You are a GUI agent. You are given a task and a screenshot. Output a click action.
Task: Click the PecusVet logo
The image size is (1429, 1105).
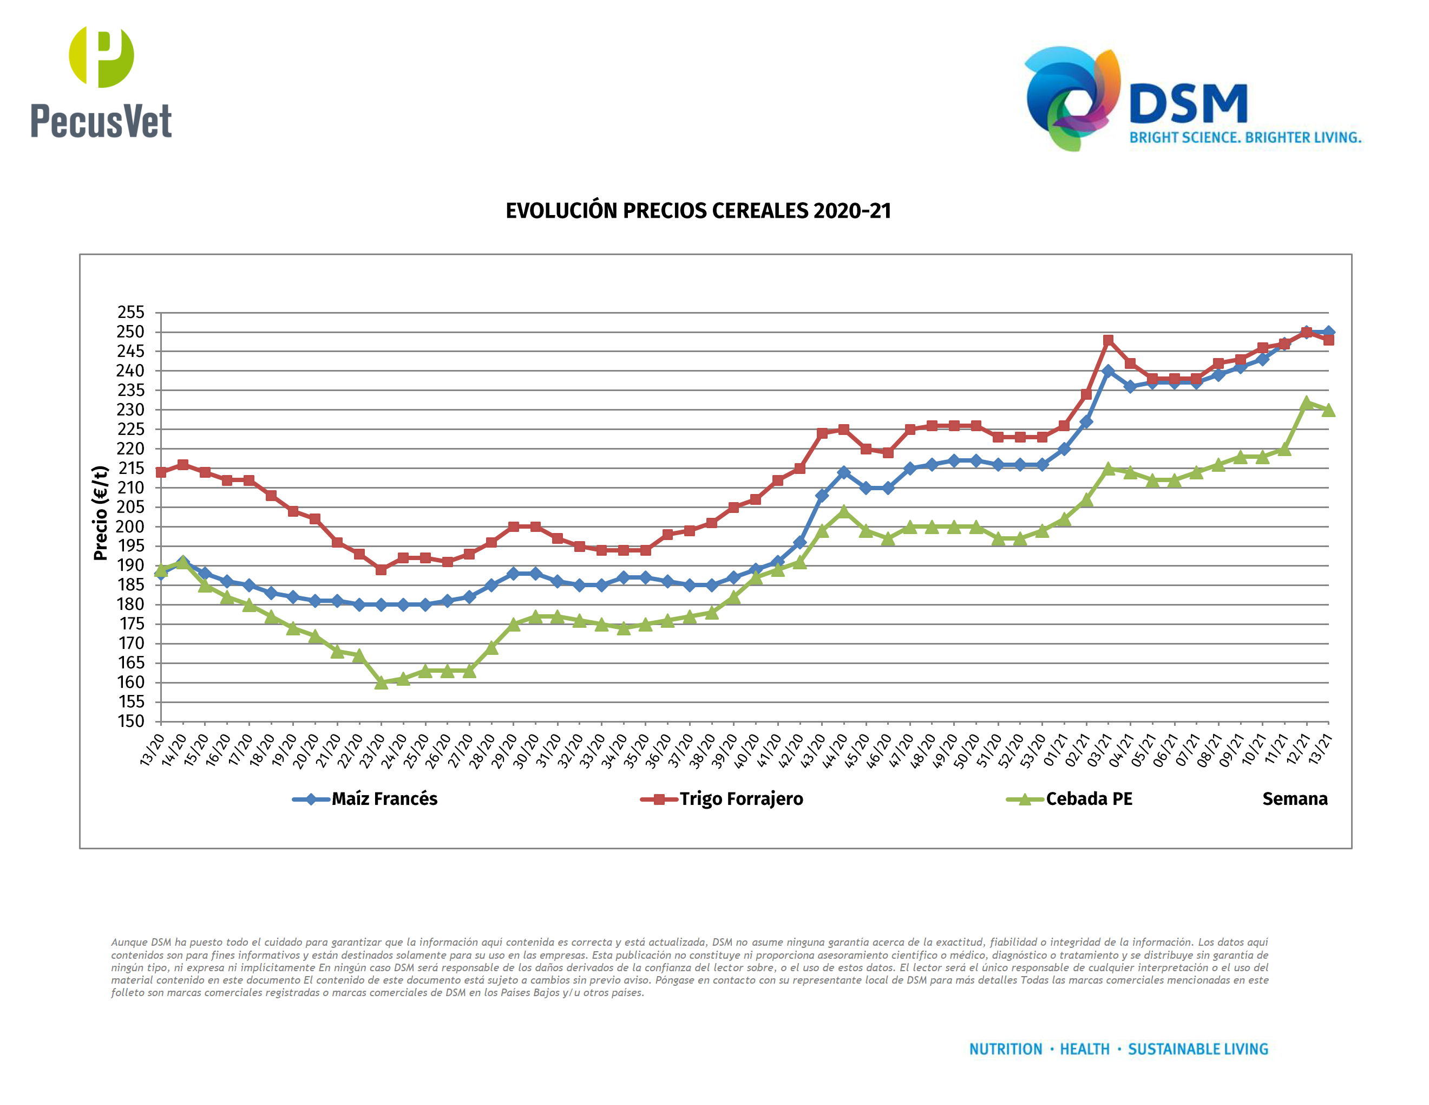(x=101, y=82)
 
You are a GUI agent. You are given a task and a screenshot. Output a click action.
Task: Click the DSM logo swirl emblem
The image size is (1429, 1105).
(x=1072, y=98)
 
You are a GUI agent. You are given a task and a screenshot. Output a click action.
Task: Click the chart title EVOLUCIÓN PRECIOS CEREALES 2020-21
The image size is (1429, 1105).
(x=698, y=211)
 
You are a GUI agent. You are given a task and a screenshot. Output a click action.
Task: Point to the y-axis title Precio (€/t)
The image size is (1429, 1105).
(x=100, y=513)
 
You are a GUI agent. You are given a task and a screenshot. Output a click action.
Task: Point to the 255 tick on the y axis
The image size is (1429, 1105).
(x=131, y=312)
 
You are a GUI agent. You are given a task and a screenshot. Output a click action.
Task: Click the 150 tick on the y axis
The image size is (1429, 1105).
(x=131, y=721)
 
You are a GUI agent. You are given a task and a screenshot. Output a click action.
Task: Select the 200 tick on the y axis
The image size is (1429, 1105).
(x=131, y=526)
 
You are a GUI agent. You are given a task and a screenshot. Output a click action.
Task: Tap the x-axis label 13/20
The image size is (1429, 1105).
(x=152, y=750)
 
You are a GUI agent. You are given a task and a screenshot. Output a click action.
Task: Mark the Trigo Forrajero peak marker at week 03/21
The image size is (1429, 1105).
(x=1107, y=340)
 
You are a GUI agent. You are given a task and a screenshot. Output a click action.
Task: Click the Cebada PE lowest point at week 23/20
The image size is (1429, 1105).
(x=382, y=682)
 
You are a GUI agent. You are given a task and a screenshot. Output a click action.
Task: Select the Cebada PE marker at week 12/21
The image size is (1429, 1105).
(x=1307, y=402)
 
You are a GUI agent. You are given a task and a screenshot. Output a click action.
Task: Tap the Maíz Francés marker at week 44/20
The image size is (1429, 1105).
(x=843, y=472)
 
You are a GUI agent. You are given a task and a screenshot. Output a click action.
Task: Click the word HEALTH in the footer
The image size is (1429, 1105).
(x=1084, y=1049)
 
